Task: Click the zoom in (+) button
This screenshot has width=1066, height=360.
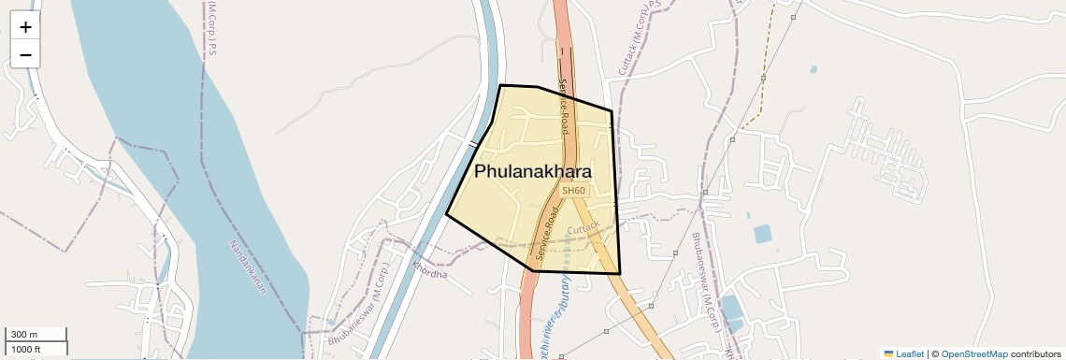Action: click(x=25, y=27)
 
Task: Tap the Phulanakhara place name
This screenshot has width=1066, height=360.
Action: click(x=533, y=172)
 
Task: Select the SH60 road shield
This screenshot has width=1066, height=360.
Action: click(x=573, y=191)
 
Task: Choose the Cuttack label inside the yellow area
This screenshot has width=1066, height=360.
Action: click(x=583, y=227)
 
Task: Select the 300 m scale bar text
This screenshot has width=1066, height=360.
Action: click(x=25, y=335)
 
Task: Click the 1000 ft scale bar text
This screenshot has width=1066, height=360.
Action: click(x=27, y=350)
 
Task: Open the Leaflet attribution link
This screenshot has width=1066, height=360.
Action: click(x=909, y=354)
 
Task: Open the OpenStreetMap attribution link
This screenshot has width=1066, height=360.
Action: click(x=973, y=354)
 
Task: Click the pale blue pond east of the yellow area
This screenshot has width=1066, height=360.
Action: click(x=763, y=234)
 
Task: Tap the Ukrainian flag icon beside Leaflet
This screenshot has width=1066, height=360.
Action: click(x=888, y=354)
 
